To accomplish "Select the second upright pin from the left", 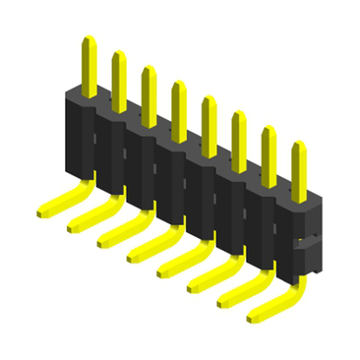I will tap(118, 80).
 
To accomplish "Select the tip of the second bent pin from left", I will tap(74, 225).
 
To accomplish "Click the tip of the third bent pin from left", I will tap(103, 240).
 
